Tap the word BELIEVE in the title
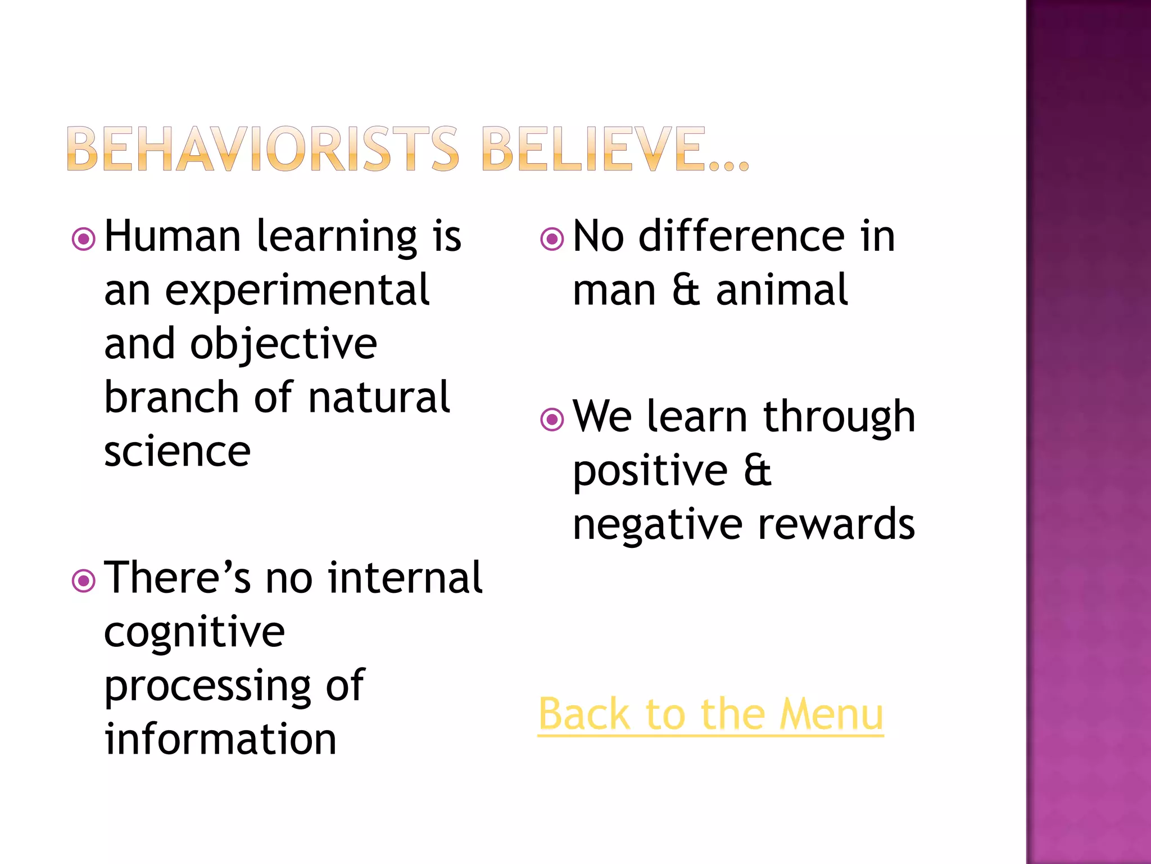pos(593,148)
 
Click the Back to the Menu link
pos(710,714)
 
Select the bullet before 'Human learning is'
pos(84,239)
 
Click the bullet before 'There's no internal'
pos(84,581)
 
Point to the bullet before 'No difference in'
pos(552,239)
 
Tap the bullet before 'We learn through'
pos(552,419)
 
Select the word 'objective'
pos(284,344)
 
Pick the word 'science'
pos(178,451)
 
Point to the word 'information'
pos(220,739)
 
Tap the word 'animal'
pos(782,290)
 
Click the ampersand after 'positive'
pos(758,470)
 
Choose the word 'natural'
pos(379,397)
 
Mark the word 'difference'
pos(742,236)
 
